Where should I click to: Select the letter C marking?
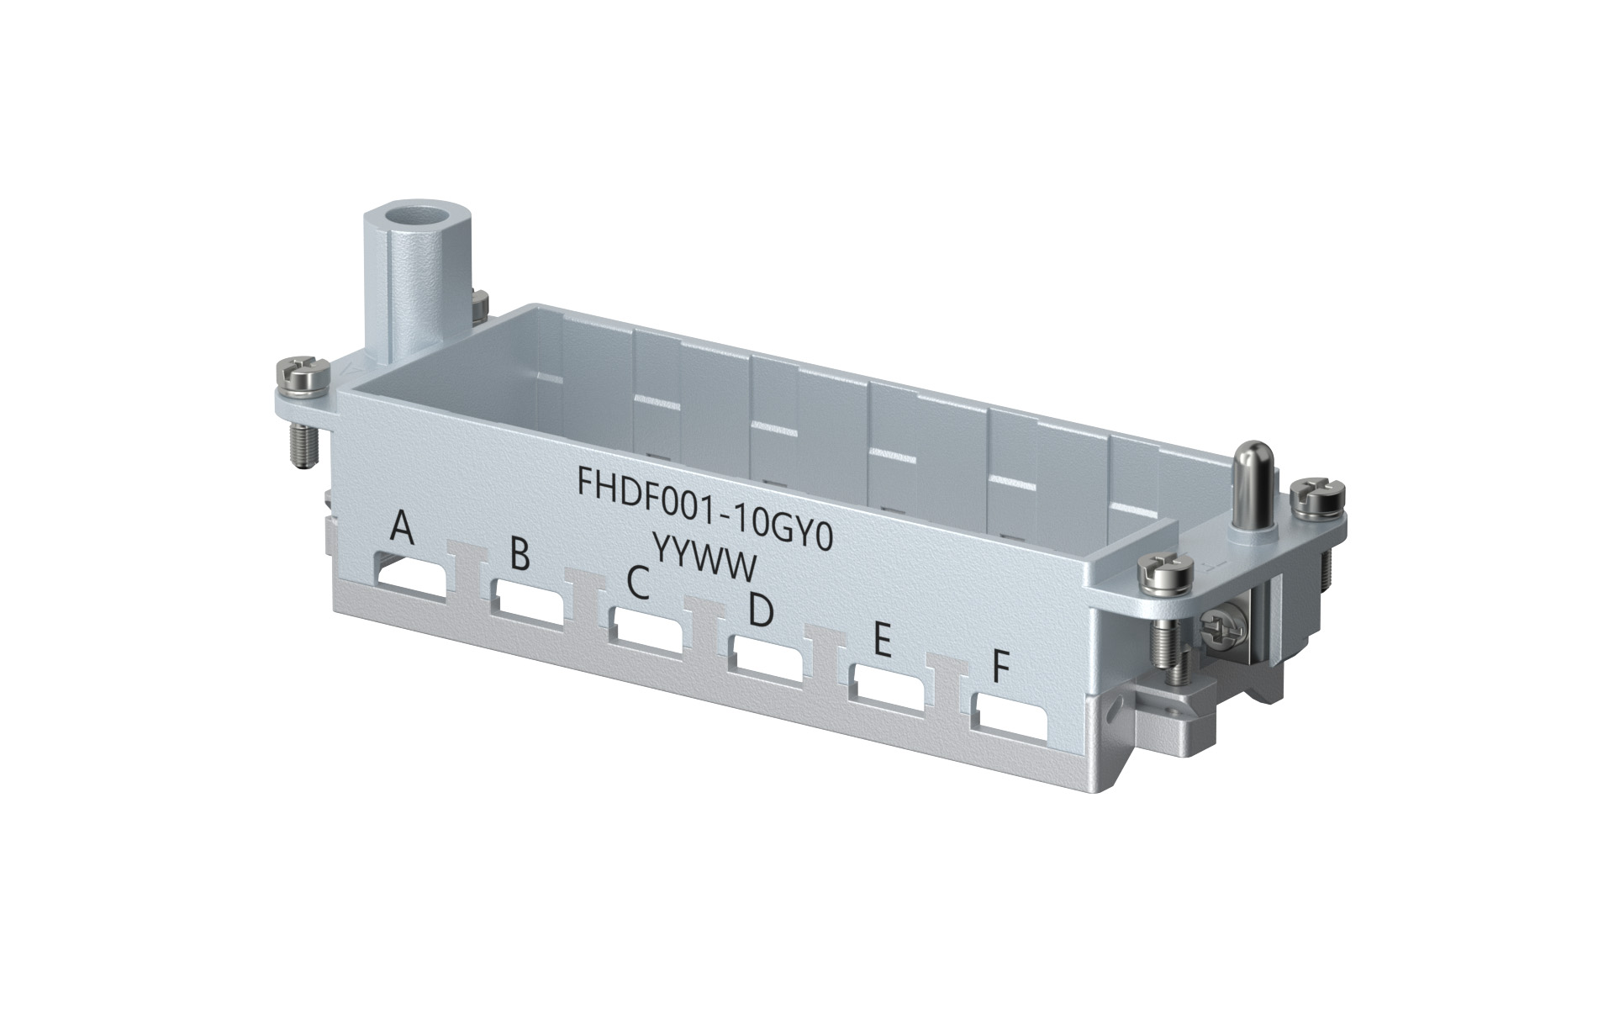click(639, 582)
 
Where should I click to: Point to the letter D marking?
click(760, 611)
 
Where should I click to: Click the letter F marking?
click(999, 668)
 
